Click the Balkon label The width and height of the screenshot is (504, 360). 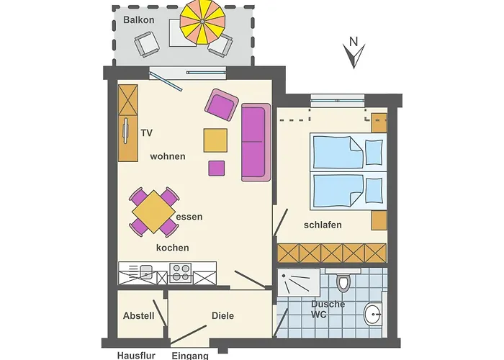click(138, 20)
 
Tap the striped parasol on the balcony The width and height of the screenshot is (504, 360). click(202, 22)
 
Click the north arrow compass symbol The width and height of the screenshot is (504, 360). click(354, 53)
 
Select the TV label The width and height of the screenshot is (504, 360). click(147, 132)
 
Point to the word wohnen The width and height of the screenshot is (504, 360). click(168, 156)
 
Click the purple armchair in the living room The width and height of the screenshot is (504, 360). click(222, 105)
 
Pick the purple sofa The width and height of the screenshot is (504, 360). click(256, 142)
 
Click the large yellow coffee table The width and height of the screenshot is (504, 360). click(215, 140)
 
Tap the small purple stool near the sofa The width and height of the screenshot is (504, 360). click(216, 168)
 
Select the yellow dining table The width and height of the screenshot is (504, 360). click(153, 212)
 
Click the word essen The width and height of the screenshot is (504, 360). click(189, 217)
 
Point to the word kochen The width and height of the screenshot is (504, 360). click(173, 248)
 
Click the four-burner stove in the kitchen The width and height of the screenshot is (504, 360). click(180, 273)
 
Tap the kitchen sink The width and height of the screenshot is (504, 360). click(146, 272)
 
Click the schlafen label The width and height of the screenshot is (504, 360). click(323, 225)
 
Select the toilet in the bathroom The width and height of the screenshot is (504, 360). click(343, 282)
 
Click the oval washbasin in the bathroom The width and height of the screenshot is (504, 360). click(372, 315)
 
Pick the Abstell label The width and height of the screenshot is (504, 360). click(138, 315)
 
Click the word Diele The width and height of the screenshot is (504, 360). click(222, 315)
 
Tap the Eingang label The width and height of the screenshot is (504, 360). click(190, 356)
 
